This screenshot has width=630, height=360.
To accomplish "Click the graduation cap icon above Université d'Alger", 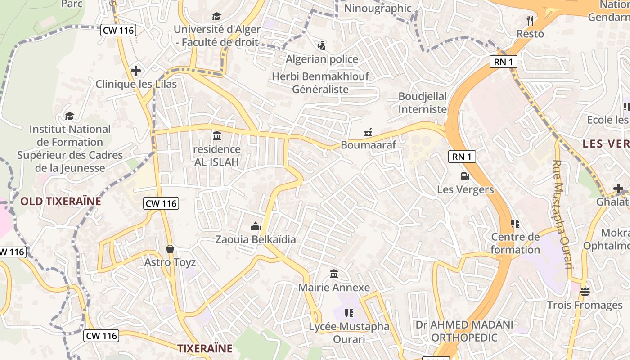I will [217, 17].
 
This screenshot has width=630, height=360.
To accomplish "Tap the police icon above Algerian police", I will [321, 45].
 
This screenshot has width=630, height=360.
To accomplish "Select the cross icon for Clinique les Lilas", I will [135, 71].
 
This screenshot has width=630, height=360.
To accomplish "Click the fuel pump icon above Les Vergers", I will [465, 176].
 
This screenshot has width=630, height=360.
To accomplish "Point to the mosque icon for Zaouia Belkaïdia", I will [256, 226].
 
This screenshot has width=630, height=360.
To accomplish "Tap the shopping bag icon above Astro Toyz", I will [170, 249].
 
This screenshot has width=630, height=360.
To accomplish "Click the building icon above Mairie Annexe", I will [334, 274].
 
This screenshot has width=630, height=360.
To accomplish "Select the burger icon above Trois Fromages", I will [585, 292].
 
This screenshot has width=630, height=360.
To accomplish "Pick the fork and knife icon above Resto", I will [530, 20].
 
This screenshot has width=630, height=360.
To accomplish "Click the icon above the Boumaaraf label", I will [368, 132].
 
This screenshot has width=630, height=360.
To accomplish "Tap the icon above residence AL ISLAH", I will [217, 135].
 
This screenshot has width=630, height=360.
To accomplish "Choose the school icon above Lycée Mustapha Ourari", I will [349, 313].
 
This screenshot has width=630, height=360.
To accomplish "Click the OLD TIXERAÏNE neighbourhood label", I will [61, 201].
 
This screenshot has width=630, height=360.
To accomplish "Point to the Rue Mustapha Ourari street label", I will [562, 215].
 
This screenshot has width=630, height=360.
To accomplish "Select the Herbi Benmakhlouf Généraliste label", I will [320, 83].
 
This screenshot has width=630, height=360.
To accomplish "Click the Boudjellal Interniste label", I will [423, 103].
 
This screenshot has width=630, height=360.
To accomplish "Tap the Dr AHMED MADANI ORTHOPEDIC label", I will [464, 331].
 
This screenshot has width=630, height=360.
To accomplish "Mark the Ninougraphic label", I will [378, 8].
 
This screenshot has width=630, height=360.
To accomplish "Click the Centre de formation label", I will [515, 243].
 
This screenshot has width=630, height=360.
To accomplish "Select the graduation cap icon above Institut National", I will [69, 117].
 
